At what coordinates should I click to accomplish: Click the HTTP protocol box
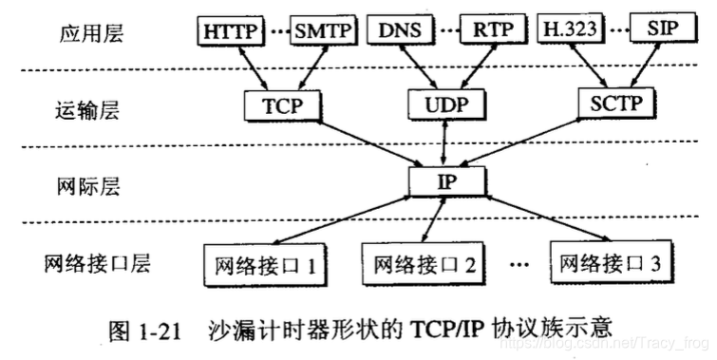[229, 30]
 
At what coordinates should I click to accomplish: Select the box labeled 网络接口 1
[259, 263]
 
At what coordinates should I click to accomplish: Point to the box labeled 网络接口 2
[420, 263]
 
